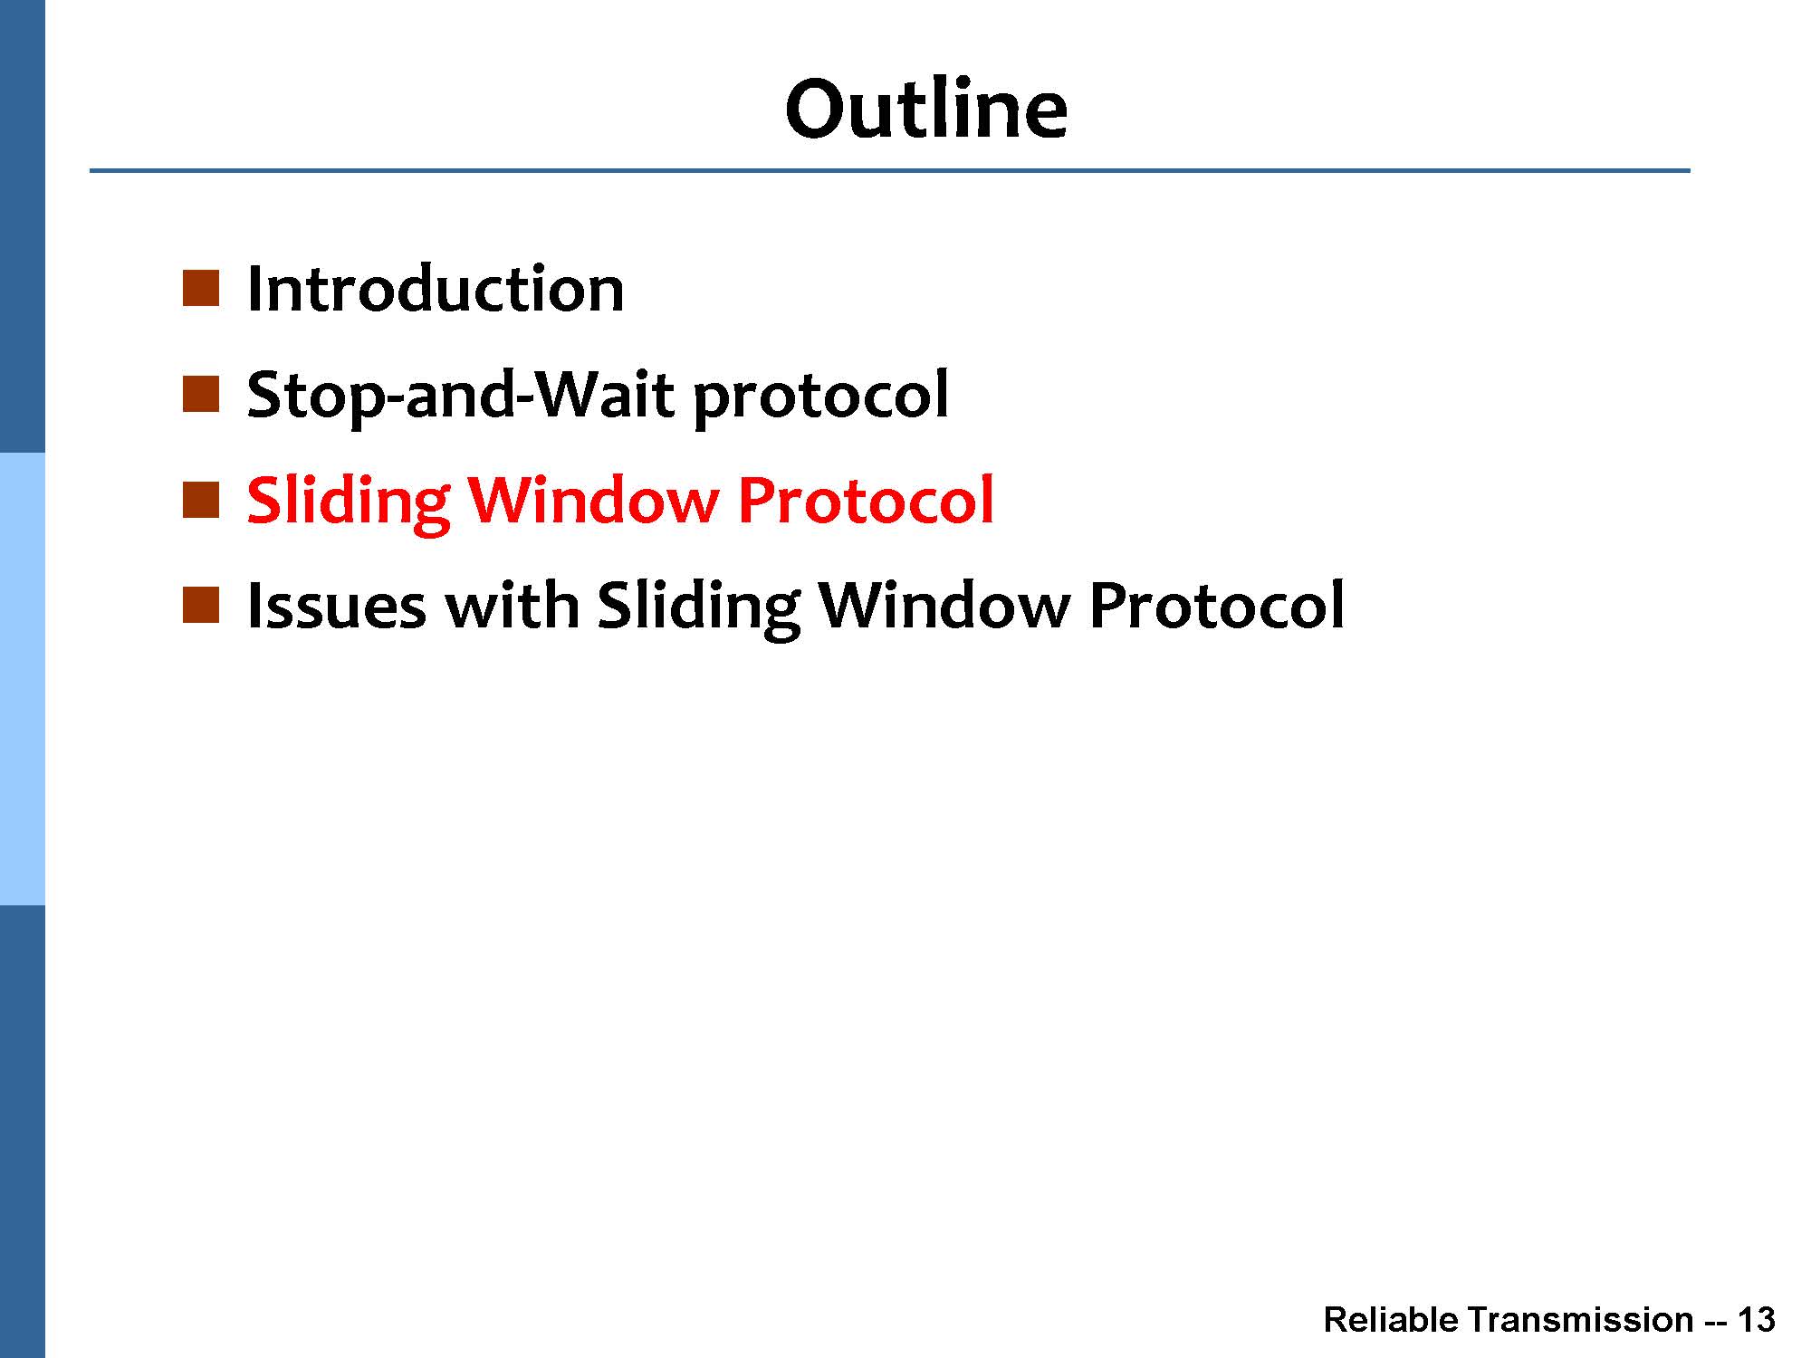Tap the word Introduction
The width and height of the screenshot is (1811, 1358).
point(436,289)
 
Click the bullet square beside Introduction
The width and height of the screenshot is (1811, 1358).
point(201,288)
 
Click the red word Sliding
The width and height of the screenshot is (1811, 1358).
point(349,501)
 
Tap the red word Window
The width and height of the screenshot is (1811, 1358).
point(593,500)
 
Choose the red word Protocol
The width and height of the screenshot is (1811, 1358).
point(866,500)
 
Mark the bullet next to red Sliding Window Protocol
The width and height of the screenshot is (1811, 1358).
point(201,500)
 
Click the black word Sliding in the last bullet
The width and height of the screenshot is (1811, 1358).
point(699,606)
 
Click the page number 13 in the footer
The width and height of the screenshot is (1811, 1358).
point(1756,1320)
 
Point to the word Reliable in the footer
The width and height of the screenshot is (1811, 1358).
point(1388,1320)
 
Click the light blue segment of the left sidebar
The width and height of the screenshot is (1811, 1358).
point(22,679)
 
